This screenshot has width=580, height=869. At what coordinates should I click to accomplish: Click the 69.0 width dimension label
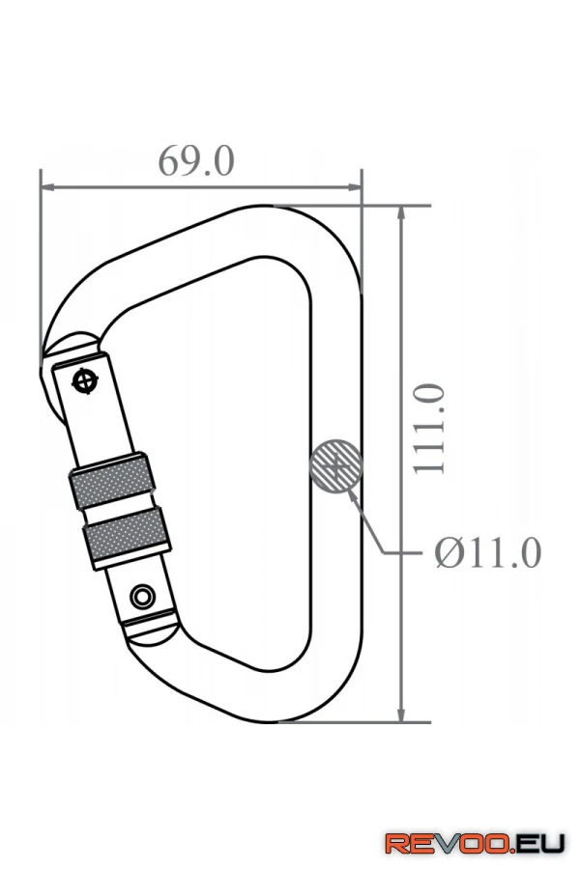[196, 160]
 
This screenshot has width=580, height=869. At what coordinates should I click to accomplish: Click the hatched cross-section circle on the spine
[335, 467]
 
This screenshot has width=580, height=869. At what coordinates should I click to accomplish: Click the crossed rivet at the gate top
[87, 379]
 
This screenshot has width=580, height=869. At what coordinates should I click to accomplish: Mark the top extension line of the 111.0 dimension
[367, 206]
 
